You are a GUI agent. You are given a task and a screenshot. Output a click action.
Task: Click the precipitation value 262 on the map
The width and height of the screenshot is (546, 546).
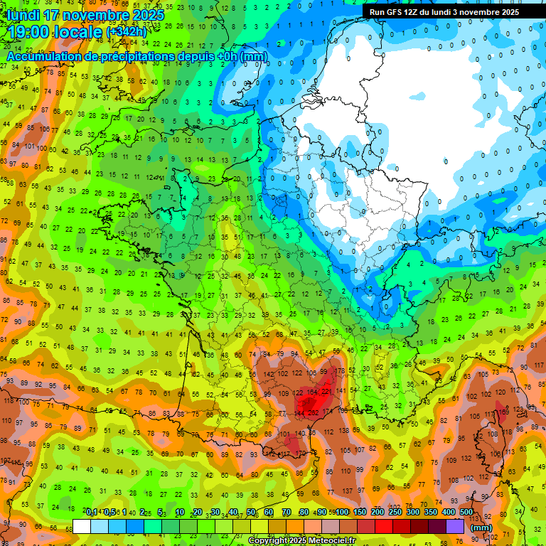[314, 412]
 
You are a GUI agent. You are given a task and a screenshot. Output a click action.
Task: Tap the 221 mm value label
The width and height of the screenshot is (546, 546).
[327, 392]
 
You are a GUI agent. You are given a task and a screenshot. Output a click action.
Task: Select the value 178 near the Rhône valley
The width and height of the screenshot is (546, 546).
[341, 371]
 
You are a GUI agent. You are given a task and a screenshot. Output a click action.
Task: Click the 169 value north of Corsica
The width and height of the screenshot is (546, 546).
[503, 411]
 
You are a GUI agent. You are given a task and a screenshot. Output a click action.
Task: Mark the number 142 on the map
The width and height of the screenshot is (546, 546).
[269, 374]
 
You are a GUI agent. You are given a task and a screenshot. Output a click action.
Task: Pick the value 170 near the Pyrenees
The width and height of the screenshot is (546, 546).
[301, 452]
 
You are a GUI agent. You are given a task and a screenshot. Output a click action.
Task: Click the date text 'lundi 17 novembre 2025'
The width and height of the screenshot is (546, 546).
[85, 14]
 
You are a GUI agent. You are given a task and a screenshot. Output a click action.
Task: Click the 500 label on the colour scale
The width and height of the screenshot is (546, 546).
[466, 513]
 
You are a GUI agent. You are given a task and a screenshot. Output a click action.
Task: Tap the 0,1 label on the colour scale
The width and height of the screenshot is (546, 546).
[92, 513]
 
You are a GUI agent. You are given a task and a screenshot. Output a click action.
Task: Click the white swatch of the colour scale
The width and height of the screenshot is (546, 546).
[82, 526]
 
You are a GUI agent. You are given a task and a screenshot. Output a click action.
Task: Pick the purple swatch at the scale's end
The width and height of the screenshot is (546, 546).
[455, 526]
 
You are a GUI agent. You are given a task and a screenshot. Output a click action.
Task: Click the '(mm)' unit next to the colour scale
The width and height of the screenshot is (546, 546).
[481, 527]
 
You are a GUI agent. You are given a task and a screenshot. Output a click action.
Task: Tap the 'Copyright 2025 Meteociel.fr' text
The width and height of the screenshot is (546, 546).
[301, 541]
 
